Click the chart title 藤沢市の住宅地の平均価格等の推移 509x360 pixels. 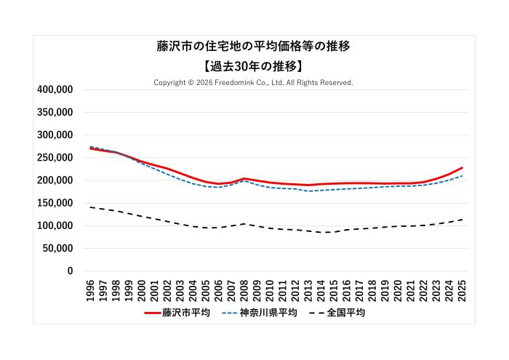click(x=254, y=46)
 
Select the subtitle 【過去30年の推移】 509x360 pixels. click(x=254, y=65)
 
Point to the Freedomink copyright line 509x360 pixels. click(x=254, y=82)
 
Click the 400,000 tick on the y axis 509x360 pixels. click(x=55, y=89)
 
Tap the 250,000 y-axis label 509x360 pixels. click(x=55, y=158)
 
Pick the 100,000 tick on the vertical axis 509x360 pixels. click(x=55, y=225)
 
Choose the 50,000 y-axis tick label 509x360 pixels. click(x=57, y=248)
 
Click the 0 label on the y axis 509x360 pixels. click(x=70, y=271)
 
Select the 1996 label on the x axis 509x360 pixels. click(x=90, y=289)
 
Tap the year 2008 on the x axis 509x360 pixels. click(x=244, y=289)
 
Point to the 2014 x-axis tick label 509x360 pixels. click(x=321, y=289)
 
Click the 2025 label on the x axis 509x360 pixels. click(x=462, y=289)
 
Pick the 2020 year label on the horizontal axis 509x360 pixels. click(x=398, y=289)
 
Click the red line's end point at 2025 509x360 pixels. click(x=462, y=168)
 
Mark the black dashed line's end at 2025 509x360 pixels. click(x=462, y=220)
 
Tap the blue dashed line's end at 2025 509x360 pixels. click(x=462, y=176)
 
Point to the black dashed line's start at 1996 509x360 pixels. click(x=90, y=207)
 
